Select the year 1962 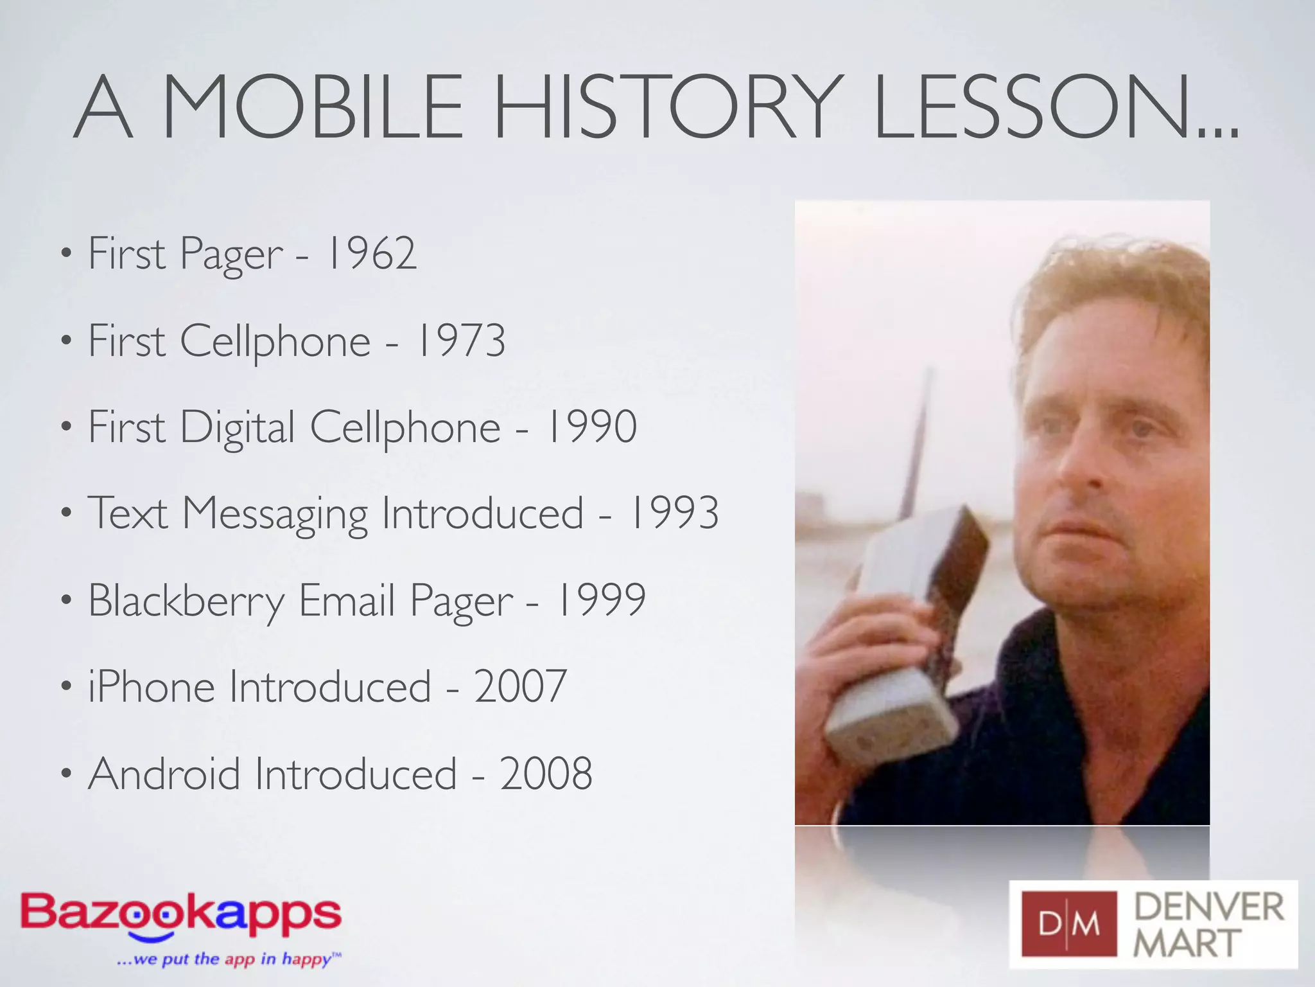(371, 253)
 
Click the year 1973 (460, 341)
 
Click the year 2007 (520, 686)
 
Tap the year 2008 (546, 773)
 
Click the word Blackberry (186, 601)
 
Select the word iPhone (151, 686)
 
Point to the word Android (164, 773)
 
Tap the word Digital (237, 428)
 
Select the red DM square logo (1069, 924)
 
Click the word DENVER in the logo (1209, 907)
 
